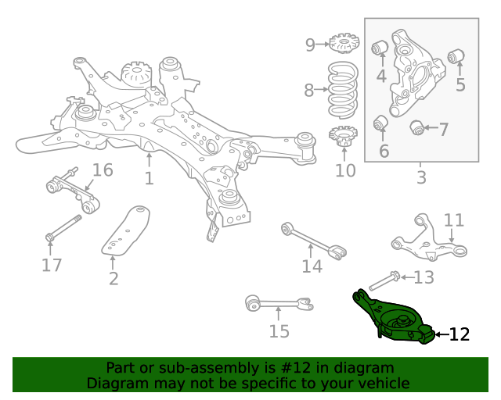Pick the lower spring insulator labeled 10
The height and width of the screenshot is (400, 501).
tap(343, 137)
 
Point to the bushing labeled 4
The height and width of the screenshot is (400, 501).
tap(380, 47)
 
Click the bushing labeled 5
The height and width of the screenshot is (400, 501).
tap(457, 56)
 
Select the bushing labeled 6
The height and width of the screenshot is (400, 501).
tap(381, 123)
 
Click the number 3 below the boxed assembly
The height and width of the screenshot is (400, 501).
tap(421, 177)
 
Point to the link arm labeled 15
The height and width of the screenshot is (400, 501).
tap(278, 302)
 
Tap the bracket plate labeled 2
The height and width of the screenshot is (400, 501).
tap(125, 231)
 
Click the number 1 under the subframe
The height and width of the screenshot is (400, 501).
tap(149, 179)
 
